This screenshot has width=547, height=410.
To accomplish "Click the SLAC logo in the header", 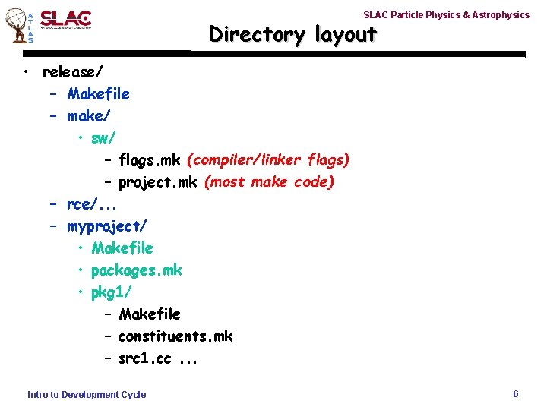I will tap(65, 20).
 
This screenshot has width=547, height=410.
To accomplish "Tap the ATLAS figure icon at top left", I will tap(18, 26).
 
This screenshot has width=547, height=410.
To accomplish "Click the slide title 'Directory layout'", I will tap(292, 34).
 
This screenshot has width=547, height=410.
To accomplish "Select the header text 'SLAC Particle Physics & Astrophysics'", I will tap(446, 15).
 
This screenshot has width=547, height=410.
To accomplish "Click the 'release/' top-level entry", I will tap(74, 72).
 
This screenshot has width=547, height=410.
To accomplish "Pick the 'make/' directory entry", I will tap(88, 116).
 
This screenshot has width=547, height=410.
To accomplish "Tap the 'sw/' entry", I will tap(103, 138).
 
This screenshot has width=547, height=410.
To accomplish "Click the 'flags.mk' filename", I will tap(150, 160).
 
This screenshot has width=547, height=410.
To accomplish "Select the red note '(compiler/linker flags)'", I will tap(268, 160).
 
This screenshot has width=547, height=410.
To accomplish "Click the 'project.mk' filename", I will tap(157, 182).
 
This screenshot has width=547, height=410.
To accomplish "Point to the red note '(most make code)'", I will tap(270, 182).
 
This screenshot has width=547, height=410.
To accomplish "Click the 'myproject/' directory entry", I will tap(107, 226).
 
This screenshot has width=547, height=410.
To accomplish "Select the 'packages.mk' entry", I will tap(137, 270).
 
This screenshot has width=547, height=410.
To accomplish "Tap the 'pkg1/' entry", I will tap(112, 292).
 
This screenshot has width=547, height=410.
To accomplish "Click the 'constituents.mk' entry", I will tap(175, 336).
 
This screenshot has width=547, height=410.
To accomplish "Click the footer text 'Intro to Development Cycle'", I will tap(87, 395).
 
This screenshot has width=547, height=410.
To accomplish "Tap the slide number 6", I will tap(516, 394).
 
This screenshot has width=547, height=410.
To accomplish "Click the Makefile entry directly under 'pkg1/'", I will tap(150, 314).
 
